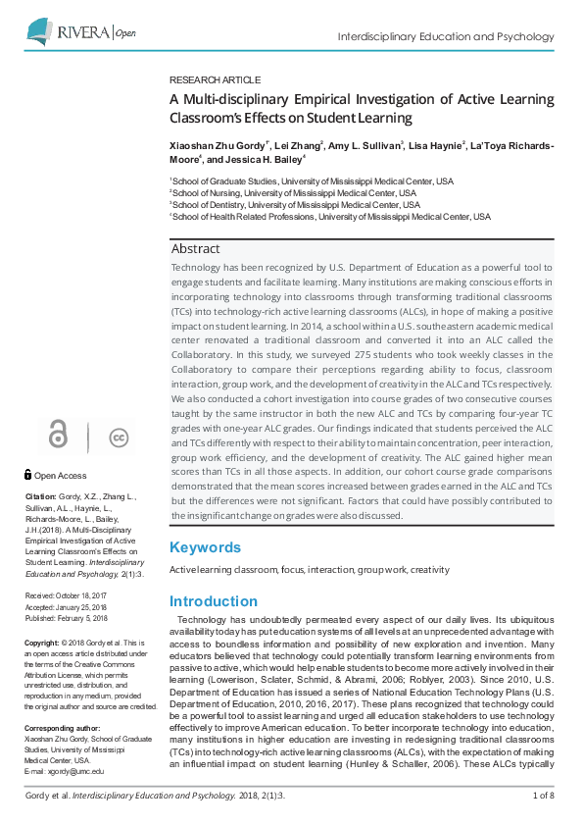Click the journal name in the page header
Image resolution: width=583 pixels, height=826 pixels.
tap(445, 36)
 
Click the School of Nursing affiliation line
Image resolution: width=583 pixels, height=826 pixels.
tap(293, 193)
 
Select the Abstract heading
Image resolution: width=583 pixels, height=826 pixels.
tap(195, 249)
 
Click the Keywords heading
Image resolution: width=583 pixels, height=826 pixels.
tap(205, 547)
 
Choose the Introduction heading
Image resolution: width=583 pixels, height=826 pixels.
tap(214, 601)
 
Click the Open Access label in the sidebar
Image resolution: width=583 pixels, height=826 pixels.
tap(60, 475)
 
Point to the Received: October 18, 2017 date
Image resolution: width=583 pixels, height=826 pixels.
tap(68, 596)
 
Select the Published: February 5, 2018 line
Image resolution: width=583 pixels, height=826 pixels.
tap(68, 620)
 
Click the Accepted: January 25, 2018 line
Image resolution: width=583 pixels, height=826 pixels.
tap(68, 608)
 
